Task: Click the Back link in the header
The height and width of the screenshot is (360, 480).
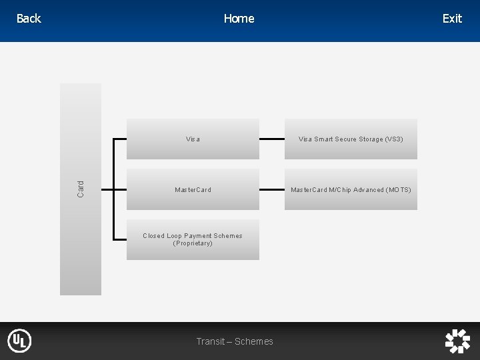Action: (29, 19)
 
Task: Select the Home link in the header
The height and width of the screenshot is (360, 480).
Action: (239, 19)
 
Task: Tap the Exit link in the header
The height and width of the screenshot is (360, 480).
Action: (451, 19)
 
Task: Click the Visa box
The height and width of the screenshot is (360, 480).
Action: (193, 139)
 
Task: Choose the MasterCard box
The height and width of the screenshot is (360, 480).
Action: (193, 190)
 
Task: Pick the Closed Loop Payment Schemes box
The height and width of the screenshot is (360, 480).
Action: (193, 239)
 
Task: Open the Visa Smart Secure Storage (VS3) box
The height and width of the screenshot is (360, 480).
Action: (351, 139)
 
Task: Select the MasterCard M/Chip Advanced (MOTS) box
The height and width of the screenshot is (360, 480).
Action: (351, 190)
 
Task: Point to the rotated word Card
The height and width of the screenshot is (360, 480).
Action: (81, 189)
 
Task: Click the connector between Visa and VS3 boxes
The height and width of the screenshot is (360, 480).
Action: (272, 139)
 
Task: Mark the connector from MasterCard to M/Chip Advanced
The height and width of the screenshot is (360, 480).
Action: (272, 190)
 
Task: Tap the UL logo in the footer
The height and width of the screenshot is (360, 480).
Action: (19, 341)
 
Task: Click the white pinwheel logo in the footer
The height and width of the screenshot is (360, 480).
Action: (457, 341)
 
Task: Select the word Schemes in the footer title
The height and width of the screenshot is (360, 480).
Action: (254, 341)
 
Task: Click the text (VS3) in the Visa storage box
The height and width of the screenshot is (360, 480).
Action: (393, 139)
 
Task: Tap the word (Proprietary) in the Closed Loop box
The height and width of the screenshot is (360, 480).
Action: (193, 243)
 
